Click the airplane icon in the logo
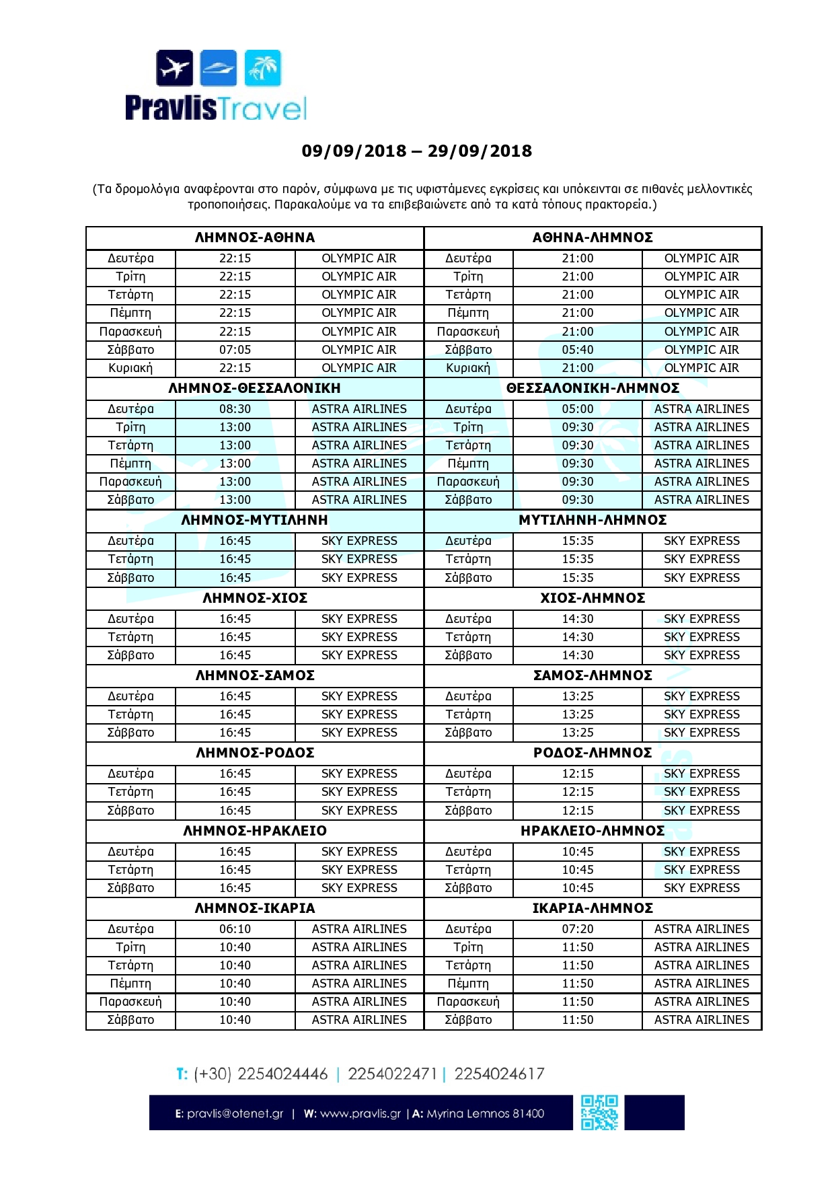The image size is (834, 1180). [x=175, y=68]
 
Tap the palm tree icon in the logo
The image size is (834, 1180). [x=263, y=68]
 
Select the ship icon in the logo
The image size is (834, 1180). [x=219, y=68]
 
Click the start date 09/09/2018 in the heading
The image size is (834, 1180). [x=354, y=151]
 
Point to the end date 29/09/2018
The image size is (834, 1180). [x=480, y=151]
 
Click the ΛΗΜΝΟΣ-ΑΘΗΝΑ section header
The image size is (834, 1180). [x=255, y=237]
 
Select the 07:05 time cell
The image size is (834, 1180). [x=235, y=350]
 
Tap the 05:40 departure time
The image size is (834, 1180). [x=578, y=350]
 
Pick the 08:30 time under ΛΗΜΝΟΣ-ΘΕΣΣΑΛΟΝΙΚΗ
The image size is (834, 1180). [x=235, y=409]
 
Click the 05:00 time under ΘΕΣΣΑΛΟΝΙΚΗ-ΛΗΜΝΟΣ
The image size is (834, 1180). [x=578, y=409]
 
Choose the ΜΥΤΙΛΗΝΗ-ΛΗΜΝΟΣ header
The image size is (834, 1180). [x=593, y=520]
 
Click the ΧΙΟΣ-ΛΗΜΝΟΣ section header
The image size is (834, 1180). [x=593, y=598]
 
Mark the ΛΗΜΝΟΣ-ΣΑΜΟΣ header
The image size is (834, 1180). [x=255, y=675]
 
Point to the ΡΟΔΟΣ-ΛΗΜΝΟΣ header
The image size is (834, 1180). [x=593, y=753]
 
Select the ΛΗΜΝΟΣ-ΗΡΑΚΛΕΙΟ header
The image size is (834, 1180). [x=255, y=831]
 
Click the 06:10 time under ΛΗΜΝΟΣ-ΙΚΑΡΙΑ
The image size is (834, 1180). [x=235, y=929]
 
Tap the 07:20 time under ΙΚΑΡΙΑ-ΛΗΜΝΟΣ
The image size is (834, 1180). [x=578, y=929]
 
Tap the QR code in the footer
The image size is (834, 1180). [x=599, y=1113]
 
